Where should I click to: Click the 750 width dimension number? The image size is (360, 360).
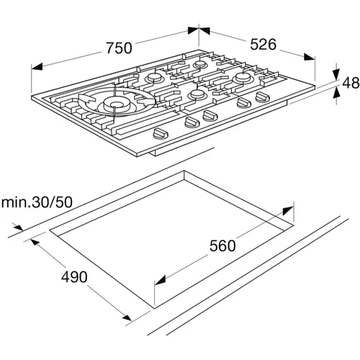point(119,48)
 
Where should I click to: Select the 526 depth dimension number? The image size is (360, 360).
point(264,45)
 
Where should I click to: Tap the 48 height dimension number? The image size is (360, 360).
point(351,83)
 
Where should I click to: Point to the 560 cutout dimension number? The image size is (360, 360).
point(222,246)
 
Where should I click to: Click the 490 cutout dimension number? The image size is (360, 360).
point(74,276)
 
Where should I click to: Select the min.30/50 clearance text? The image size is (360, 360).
point(37,202)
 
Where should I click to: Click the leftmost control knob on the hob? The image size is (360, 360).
point(161,133)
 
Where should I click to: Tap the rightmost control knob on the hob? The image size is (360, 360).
point(263,97)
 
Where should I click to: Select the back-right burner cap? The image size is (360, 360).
point(243,77)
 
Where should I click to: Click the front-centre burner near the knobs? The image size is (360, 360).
point(197,94)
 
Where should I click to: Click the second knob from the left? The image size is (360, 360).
point(192,122)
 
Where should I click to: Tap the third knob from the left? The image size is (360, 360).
point(210,115)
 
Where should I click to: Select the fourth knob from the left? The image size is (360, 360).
point(244,103)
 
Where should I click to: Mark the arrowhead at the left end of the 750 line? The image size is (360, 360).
point(37,67)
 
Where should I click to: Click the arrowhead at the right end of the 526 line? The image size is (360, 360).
point(309,57)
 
